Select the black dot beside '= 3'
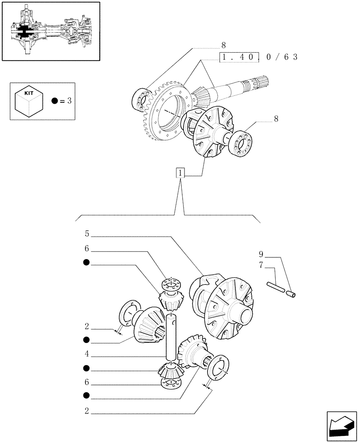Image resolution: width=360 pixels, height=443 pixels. (x=54, y=101)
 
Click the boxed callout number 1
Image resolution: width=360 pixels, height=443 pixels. (x=180, y=173)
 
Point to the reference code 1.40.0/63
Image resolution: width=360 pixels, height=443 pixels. (x=258, y=57)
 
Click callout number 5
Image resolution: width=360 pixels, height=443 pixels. (x=87, y=233)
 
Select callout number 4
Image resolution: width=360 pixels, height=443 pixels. (x=87, y=354)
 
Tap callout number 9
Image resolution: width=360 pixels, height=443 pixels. (x=262, y=254)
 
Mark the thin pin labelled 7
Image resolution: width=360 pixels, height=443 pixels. (x=275, y=287)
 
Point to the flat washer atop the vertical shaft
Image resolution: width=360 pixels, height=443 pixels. (x=171, y=282)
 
